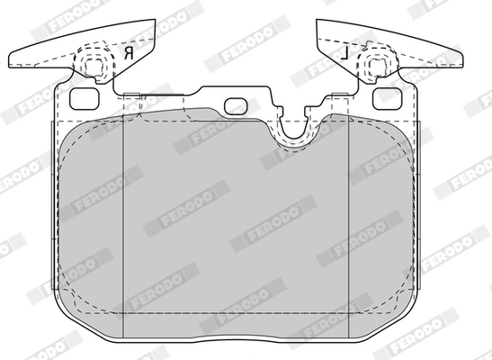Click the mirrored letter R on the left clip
click(129, 53)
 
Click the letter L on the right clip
click(344, 53)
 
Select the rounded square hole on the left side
click(84, 99)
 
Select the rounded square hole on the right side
click(387, 99)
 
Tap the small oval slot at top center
click(236, 106)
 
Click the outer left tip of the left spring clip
click(9, 61)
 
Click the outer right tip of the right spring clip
click(462, 61)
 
